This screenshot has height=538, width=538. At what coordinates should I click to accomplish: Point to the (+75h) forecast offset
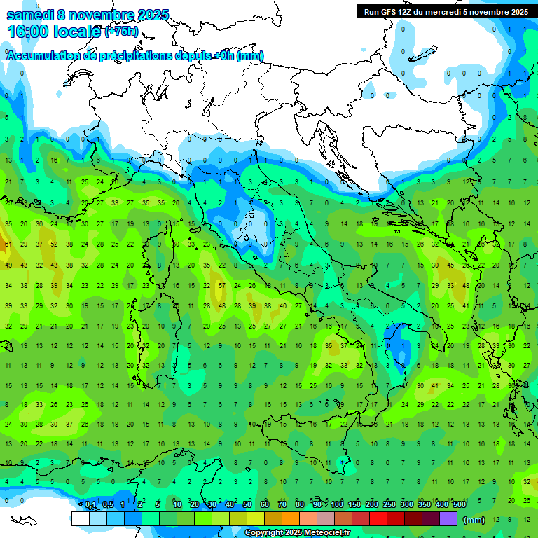click(x=121, y=32)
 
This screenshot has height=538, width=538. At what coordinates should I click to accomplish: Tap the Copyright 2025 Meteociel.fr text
click(x=297, y=533)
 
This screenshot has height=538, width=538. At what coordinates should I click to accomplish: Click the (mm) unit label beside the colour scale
click(x=474, y=520)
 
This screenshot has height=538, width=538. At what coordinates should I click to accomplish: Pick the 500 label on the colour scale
click(x=460, y=504)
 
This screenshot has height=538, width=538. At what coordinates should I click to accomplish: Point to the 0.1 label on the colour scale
click(x=90, y=504)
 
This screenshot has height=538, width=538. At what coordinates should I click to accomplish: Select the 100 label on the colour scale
click(x=337, y=504)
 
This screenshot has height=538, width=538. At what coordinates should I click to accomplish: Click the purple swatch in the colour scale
click(x=448, y=519)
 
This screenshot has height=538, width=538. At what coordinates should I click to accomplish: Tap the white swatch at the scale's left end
click(x=80, y=519)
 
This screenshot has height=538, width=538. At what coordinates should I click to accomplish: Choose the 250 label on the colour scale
click(x=389, y=504)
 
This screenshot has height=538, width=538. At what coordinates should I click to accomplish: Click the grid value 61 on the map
click(x=8, y=244)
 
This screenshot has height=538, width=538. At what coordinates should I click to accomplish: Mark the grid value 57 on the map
click(x=221, y=286)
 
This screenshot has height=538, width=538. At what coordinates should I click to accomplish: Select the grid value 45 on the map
click(x=450, y=265)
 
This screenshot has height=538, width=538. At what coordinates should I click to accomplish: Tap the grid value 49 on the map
click(x=8, y=265)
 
